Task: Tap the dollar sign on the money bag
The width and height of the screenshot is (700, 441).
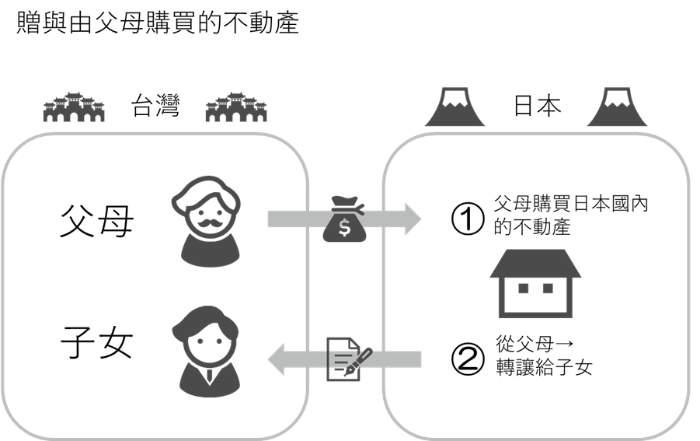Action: (x=344, y=229)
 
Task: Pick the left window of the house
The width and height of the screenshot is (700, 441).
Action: (x=523, y=289)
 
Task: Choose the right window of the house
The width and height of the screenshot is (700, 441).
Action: (x=548, y=289)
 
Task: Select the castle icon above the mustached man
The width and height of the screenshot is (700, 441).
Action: (x=235, y=108)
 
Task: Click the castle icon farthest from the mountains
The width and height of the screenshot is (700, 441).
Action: (x=74, y=108)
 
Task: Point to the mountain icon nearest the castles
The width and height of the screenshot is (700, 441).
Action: (x=454, y=108)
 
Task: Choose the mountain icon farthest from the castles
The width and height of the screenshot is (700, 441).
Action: (x=617, y=108)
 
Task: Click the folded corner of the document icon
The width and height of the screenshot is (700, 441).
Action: (x=354, y=343)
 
